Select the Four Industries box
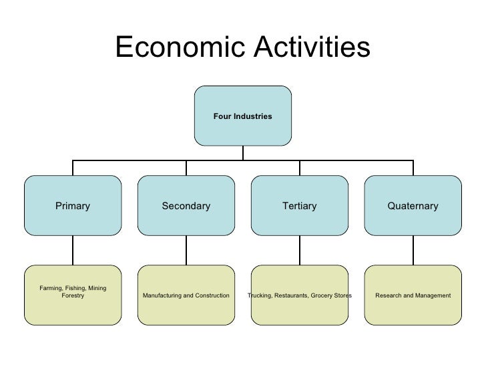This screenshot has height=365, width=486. click(x=243, y=116)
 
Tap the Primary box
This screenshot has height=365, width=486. click(x=73, y=206)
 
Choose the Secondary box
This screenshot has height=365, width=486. click(x=186, y=206)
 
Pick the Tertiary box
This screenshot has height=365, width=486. click(x=299, y=206)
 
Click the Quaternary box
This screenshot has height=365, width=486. click(x=413, y=206)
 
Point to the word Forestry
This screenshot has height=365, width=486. click(x=73, y=295)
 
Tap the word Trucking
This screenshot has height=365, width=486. click(x=260, y=295)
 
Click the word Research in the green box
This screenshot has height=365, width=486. click(x=389, y=295)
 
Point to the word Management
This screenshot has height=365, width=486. click(x=433, y=295)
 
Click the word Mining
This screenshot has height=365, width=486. click(x=95, y=288)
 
